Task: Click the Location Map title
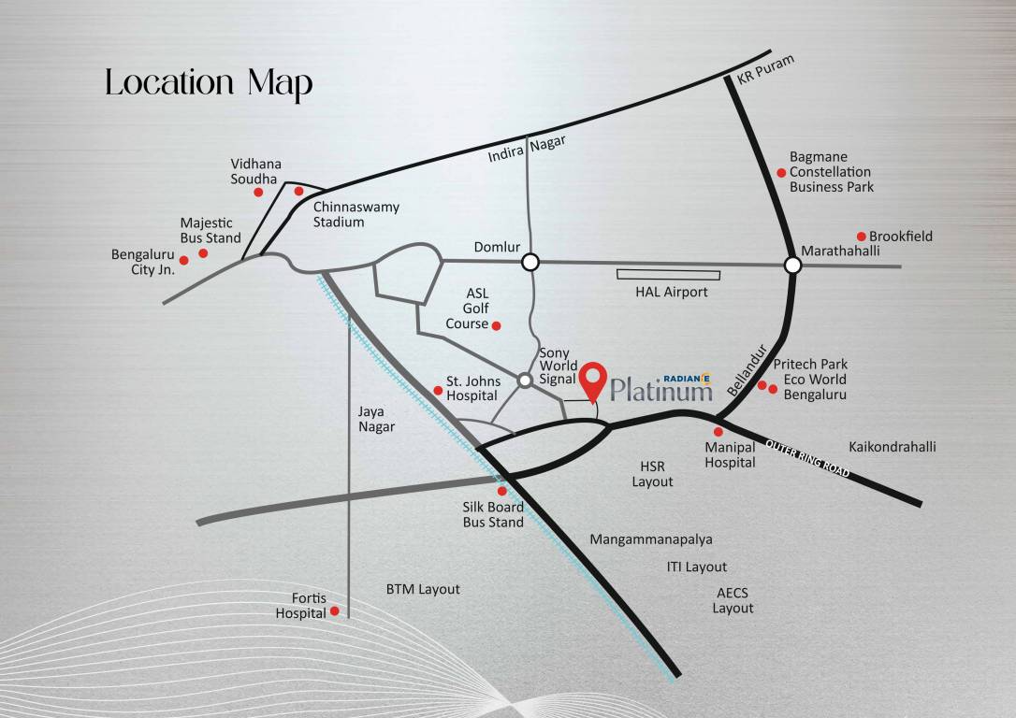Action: [209, 82]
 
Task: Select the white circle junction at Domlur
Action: [530, 262]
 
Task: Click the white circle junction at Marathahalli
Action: [792, 266]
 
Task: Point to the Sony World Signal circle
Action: [526, 380]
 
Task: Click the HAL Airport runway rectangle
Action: [668, 275]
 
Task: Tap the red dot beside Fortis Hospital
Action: [334, 612]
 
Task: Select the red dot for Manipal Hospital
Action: [718, 432]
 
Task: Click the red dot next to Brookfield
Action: [862, 237]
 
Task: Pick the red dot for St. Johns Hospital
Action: [438, 390]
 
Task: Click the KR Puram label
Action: [765, 71]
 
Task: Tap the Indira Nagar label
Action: [528, 150]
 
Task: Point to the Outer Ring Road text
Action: [807, 458]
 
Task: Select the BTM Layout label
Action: [423, 589]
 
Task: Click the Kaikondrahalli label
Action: [892, 447]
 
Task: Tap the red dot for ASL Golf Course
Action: [497, 325]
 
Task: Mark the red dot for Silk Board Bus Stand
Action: [501, 490]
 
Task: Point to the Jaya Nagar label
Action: [376, 419]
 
